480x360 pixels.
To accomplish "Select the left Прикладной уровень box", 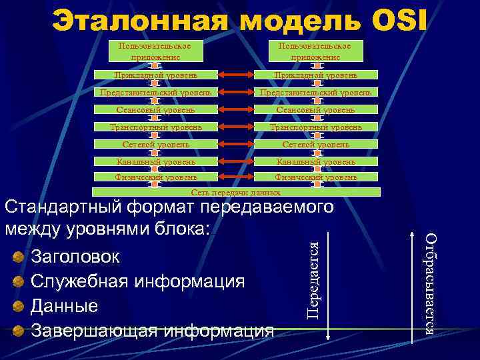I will pos(155,75).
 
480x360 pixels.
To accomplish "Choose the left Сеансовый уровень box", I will pos(155,109).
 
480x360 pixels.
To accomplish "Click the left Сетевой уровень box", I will pos(155,144).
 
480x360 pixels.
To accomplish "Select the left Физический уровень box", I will pos(155,178).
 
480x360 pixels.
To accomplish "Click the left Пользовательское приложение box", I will pos(155,51).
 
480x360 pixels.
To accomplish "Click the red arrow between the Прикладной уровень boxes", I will pos(235,75).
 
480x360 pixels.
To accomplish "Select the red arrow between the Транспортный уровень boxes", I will pos(235,127).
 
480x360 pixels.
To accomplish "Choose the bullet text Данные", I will pos(65,306).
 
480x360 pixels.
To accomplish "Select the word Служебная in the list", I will pos(80,281).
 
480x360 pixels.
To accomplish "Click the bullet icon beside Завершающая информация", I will pos(19,331).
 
